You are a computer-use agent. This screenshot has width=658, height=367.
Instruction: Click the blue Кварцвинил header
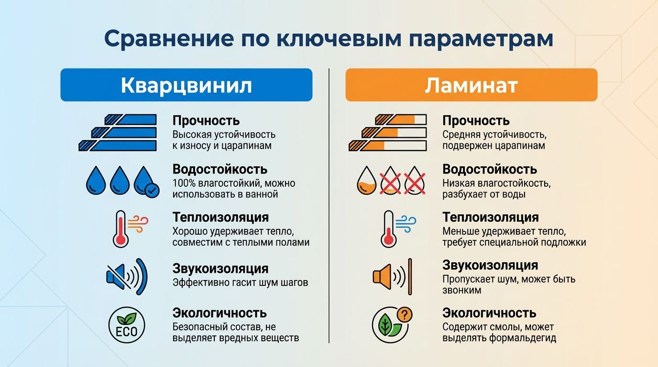pyautogui.click(x=186, y=85)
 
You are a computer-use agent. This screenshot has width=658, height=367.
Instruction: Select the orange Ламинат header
pyautogui.click(x=471, y=85)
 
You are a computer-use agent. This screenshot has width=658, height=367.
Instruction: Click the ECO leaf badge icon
pyautogui.click(x=127, y=325)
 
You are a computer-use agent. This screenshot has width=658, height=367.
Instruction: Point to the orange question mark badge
pyautogui.click(x=405, y=314)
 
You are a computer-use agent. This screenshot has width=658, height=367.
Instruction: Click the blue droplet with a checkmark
pyautogui.click(x=145, y=181)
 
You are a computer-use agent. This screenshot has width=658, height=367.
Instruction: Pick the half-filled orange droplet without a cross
pyautogui.click(x=367, y=181)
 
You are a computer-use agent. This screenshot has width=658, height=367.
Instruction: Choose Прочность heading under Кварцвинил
pyautogui.click(x=206, y=120)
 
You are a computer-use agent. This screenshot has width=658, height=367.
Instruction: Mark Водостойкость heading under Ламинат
pyautogui.click(x=490, y=169)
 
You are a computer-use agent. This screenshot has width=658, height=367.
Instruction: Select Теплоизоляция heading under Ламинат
pyautogui.click(x=491, y=217)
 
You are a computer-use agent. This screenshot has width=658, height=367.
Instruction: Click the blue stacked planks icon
pyautogui.click(x=118, y=132)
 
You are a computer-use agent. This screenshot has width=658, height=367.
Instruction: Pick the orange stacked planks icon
pyautogui.click(x=388, y=132)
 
